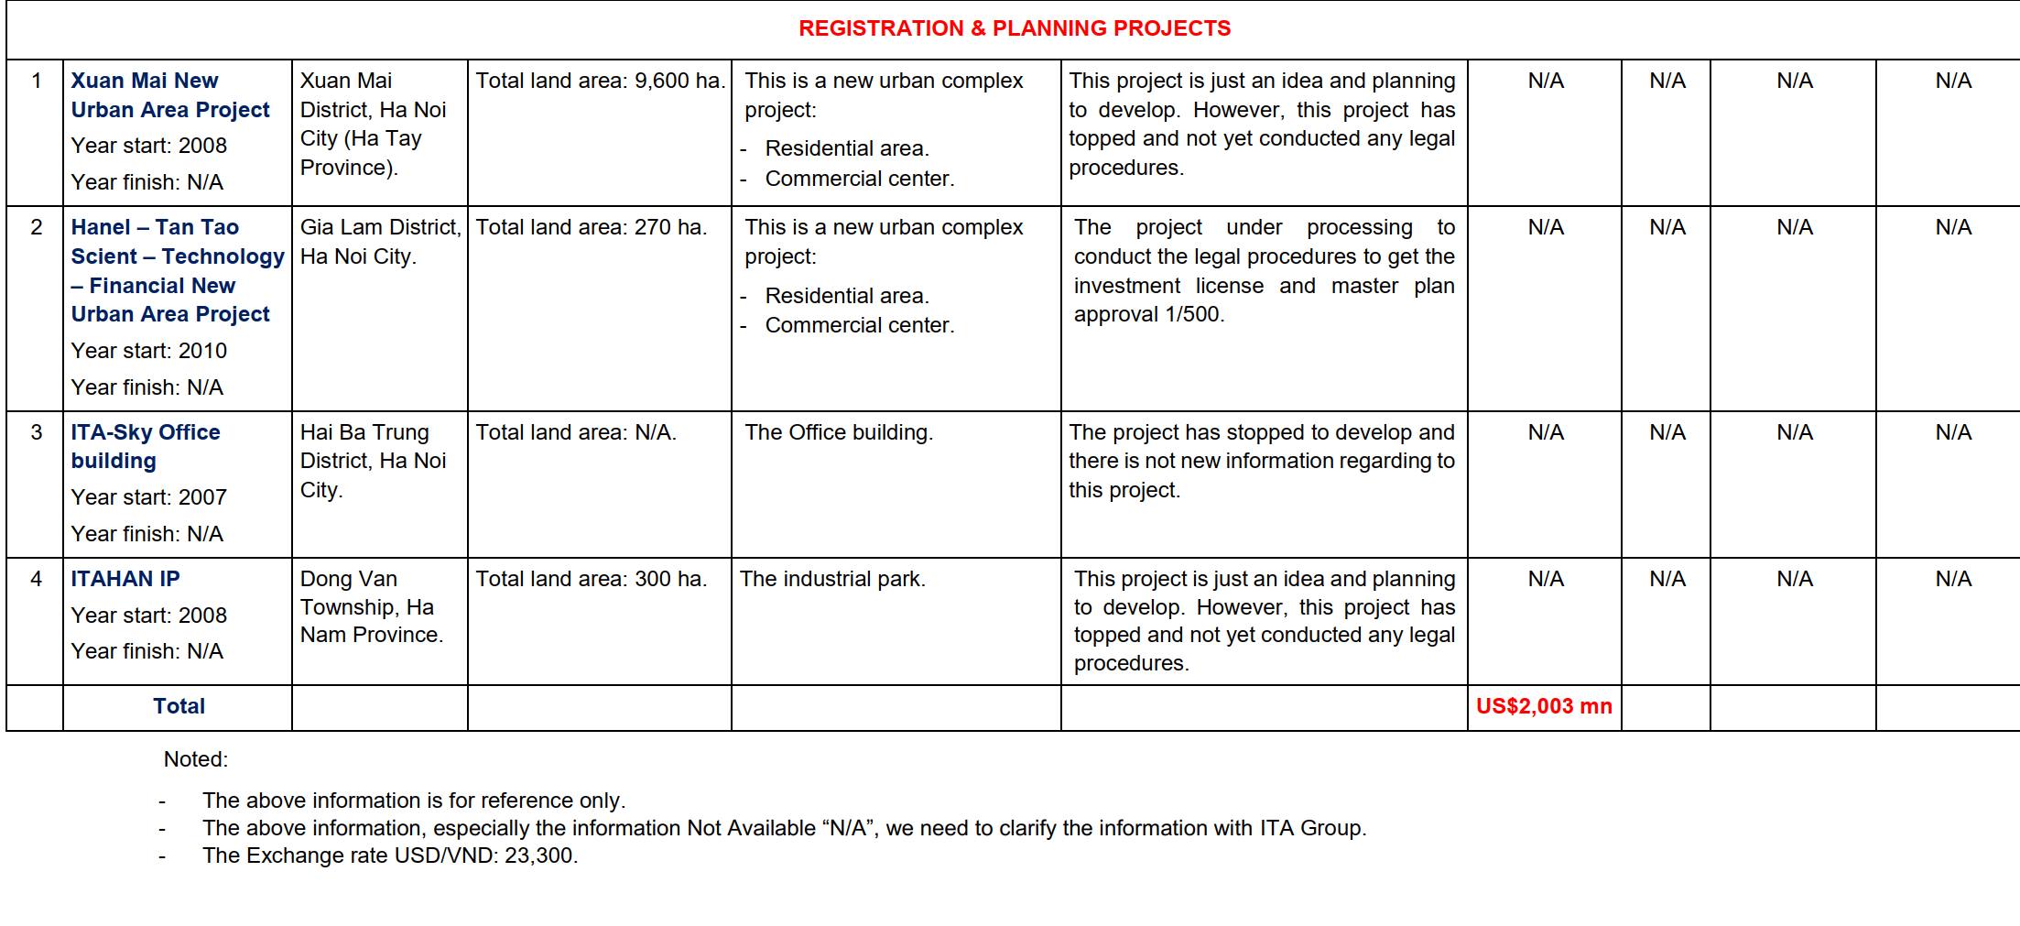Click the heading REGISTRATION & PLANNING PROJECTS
(x=1014, y=28)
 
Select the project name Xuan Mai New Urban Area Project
(x=170, y=95)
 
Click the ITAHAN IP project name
(x=125, y=579)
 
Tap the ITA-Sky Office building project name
(x=146, y=446)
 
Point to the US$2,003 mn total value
(x=1544, y=706)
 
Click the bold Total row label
(x=179, y=706)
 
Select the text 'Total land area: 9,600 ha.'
(x=600, y=81)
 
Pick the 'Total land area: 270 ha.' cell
(x=592, y=227)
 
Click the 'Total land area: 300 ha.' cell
(x=592, y=579)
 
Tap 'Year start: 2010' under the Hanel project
(x=149, y=351)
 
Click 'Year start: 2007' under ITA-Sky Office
(x=149, y=497)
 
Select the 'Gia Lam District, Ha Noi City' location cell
(x=380, y=242)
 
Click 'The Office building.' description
(x=839, y=432)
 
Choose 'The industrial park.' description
(x=832, y=579)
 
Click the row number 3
(x=36, y=432)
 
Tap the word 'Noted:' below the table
(x=196, y=759)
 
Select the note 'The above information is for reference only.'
(x=414, y=801)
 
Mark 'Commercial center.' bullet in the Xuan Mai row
(x=859, y=179)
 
